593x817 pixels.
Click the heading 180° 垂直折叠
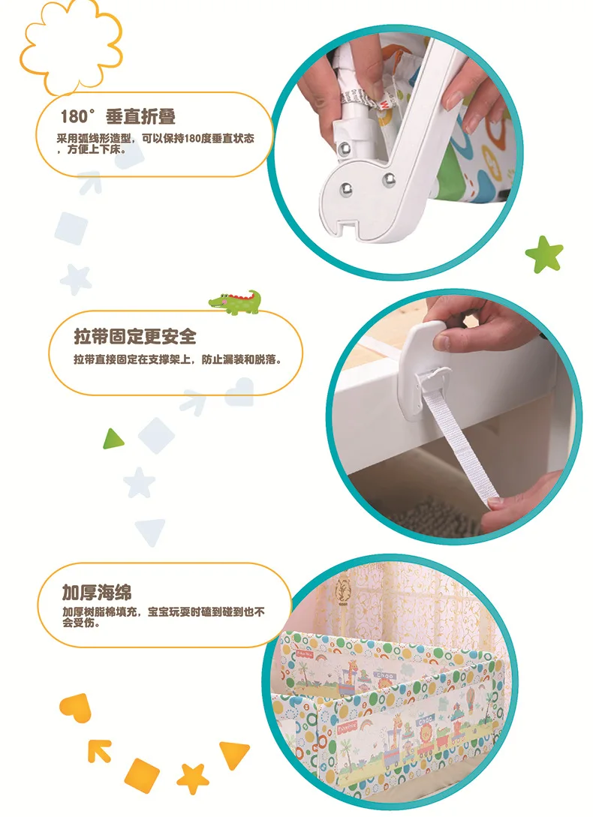click(118, 116)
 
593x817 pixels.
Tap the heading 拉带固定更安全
click(135, 337)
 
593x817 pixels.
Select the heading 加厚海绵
click(97, 593)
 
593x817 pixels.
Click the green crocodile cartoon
click(235, 302)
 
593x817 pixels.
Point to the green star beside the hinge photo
click(544, 254)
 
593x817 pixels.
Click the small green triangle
click(113, 439)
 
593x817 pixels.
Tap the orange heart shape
click(76, 707)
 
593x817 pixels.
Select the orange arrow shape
click(99, 751)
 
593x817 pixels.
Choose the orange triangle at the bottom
click(233, 754)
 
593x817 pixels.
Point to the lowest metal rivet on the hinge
click(346, 189)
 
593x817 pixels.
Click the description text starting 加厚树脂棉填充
click(163, 617)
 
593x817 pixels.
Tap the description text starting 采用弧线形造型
click(155, 143)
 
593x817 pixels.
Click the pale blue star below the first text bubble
click(76, 279)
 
